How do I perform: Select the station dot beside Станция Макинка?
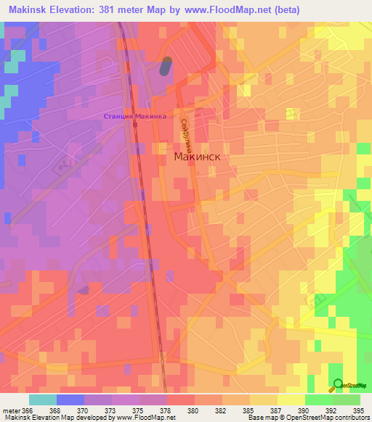point(135,125)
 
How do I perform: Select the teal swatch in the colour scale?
point(42,399)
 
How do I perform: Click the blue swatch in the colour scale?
point(70,399)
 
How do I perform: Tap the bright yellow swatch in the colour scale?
point(291,399)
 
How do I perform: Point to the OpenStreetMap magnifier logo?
point(337,384)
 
